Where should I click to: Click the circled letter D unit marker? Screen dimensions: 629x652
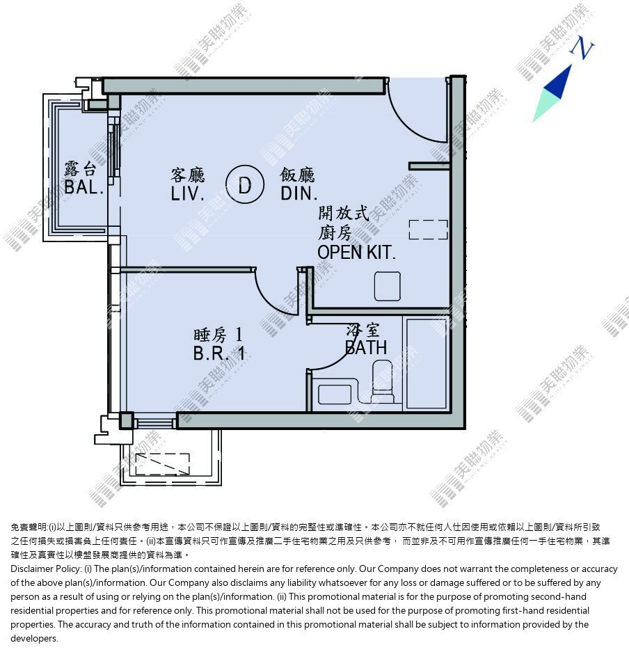click(245, 184)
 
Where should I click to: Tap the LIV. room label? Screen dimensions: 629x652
click(187, 193)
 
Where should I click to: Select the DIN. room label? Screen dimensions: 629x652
click(298, 193)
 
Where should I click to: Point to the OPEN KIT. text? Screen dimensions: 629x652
click(356, 253)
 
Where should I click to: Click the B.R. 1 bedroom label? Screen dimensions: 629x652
click(218, 353)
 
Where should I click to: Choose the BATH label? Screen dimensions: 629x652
click(366, 347)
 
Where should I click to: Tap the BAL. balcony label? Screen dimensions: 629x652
click(83, 187)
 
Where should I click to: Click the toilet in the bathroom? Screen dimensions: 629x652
click(383, 381)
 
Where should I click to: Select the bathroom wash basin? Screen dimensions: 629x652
click(335, 395)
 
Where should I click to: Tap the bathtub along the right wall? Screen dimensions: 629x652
click(427, 363)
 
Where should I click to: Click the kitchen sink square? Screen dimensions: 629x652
click(388, 286)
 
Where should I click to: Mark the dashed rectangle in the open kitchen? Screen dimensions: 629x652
click(428, 230)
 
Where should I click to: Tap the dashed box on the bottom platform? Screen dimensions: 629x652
click(163, 464)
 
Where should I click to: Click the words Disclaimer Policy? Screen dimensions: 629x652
click(46, 568)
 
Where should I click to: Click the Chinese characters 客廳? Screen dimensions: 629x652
click(188, 175)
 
